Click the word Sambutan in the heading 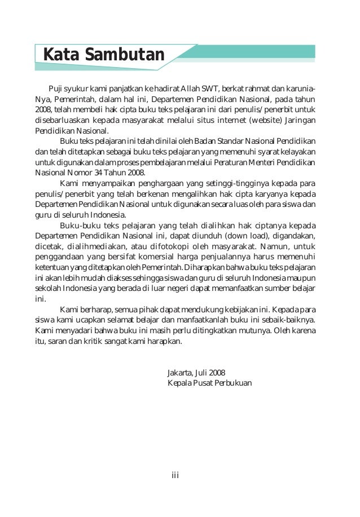click(125, 55)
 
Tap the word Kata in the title click(62, 55)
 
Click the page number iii click(175, 475)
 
